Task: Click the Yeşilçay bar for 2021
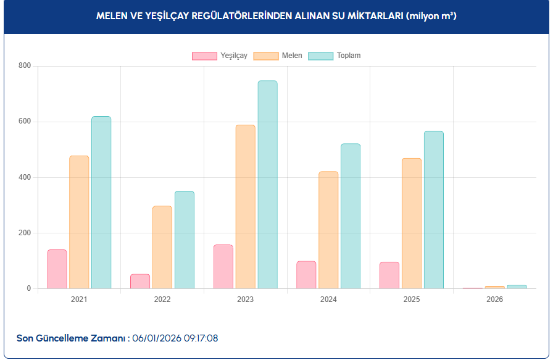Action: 57,269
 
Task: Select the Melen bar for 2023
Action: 245,207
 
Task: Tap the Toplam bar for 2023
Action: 267,185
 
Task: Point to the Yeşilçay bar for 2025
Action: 389,275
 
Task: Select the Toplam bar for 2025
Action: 433,210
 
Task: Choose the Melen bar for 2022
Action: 162,247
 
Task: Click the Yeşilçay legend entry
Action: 220,56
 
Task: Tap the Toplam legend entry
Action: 334,56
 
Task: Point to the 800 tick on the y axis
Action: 25,65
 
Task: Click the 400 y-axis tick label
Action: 25,177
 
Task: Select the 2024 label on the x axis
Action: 328,299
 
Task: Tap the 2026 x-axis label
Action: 494,299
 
